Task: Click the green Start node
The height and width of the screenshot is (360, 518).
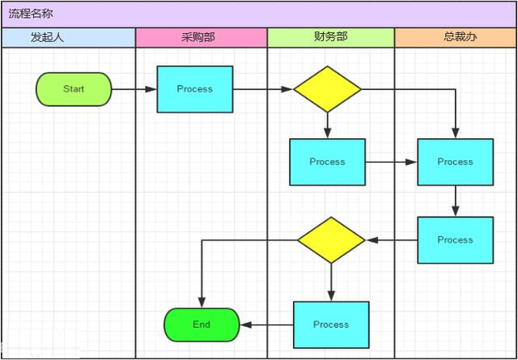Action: tap(74, 89)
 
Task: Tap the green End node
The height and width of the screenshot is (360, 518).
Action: tap(202, 324)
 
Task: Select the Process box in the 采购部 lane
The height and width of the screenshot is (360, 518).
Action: tap(194, 89)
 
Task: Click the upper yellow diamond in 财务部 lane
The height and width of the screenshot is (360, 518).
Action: tap(327, 89)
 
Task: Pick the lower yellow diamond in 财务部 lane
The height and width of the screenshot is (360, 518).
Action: tap(331, 239)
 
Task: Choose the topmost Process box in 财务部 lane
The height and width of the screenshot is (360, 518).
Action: tap(327, 162)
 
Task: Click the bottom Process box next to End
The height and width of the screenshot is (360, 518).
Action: tap(331, 324)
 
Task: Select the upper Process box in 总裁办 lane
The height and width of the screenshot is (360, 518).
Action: tap(455, 162)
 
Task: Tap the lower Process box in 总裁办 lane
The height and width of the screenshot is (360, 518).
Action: tap(455, 239)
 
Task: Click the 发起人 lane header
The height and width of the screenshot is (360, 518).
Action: tap(68, 37)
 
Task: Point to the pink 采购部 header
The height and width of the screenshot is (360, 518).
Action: tap(201, 37)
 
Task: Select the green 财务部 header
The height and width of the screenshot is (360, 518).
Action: tap(330, 37)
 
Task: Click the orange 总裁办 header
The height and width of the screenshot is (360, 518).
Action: tap(455, 37)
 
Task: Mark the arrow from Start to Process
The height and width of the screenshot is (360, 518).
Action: tap(134, 89)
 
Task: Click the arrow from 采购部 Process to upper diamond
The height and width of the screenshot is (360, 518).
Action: tap(263, 89)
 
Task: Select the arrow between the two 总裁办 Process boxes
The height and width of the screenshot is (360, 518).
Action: tap(455, 201)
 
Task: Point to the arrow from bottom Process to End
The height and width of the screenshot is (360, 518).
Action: tap(266, 324)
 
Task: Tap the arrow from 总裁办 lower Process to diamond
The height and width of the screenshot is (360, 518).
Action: tap(392, 239)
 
